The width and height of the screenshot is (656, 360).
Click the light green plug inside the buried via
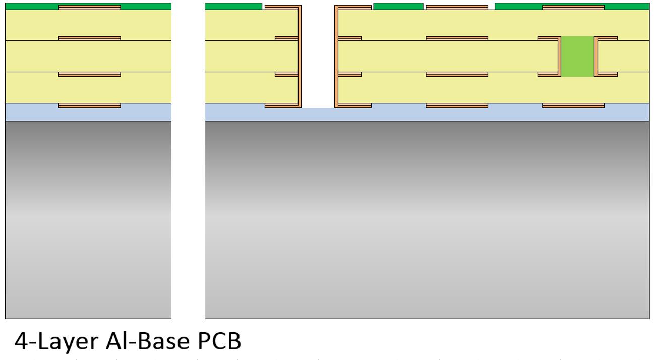(x=577, y=56)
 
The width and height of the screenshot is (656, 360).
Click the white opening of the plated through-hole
(x=318, y=55)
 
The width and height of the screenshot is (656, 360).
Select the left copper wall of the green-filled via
(x=559, y=56)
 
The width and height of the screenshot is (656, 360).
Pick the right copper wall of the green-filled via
(x=596, y=56)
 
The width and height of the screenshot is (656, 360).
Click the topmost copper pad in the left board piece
(x=90, y=8)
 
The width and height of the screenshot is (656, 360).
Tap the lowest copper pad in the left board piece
(x=90, y=105)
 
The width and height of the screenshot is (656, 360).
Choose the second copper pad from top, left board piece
(x=90, y=38)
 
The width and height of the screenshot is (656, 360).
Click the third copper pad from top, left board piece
(x=90, y=74)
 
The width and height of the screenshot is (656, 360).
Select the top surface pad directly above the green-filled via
(x=573, y=8)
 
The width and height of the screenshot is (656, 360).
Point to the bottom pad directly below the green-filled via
(x=573, y=105)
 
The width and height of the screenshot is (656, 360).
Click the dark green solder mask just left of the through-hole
(x=233, y=6)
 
